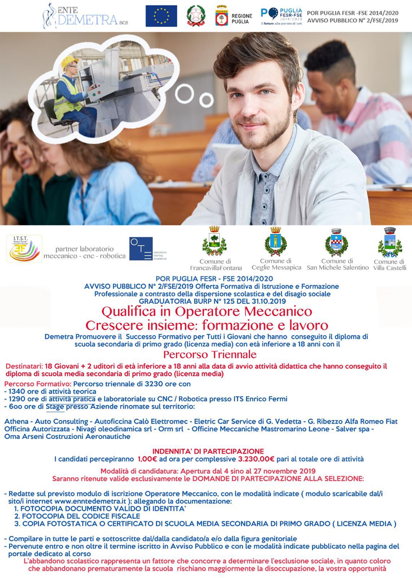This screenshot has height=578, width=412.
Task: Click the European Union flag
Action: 161,16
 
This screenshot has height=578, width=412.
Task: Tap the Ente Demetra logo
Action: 85,16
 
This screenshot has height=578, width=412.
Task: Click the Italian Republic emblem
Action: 196,16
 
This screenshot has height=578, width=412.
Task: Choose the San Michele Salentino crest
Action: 338,240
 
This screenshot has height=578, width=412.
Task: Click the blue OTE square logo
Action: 141,249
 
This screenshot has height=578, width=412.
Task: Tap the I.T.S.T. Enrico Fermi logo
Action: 24,249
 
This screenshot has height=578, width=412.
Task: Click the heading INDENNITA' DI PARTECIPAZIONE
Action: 208,451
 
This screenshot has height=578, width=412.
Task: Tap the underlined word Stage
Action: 55,407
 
